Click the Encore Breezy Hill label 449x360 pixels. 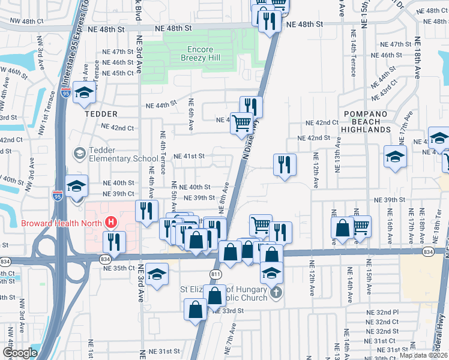[201, 53]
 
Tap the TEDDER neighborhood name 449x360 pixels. [84, 113]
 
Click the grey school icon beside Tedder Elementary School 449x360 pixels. [79, 154]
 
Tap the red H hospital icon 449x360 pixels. [110, 223]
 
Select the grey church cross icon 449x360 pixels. [276, 293]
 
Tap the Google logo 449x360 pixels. [20, 353]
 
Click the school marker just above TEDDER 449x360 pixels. [85, 94]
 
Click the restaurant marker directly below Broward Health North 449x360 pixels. [114, 241]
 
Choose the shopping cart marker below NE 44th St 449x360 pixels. [242, 122]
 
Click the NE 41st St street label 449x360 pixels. [190, 156]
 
